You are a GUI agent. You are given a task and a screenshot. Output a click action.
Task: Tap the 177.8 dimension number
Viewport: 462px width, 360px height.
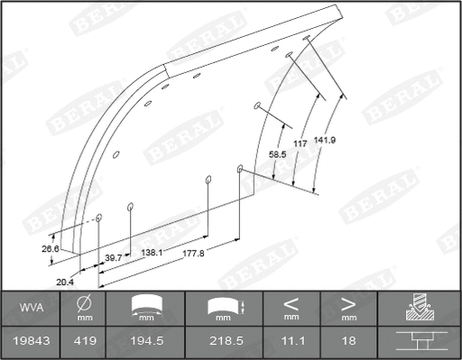point(192,254)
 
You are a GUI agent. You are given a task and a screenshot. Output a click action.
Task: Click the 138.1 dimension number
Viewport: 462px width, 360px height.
point(152,254)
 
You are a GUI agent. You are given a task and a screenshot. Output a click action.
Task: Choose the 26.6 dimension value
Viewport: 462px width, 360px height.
point(51,247)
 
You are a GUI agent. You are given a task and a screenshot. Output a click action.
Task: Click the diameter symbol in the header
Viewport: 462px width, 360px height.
point(83,303)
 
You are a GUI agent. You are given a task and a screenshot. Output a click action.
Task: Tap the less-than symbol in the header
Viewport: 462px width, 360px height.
point(291,303)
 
